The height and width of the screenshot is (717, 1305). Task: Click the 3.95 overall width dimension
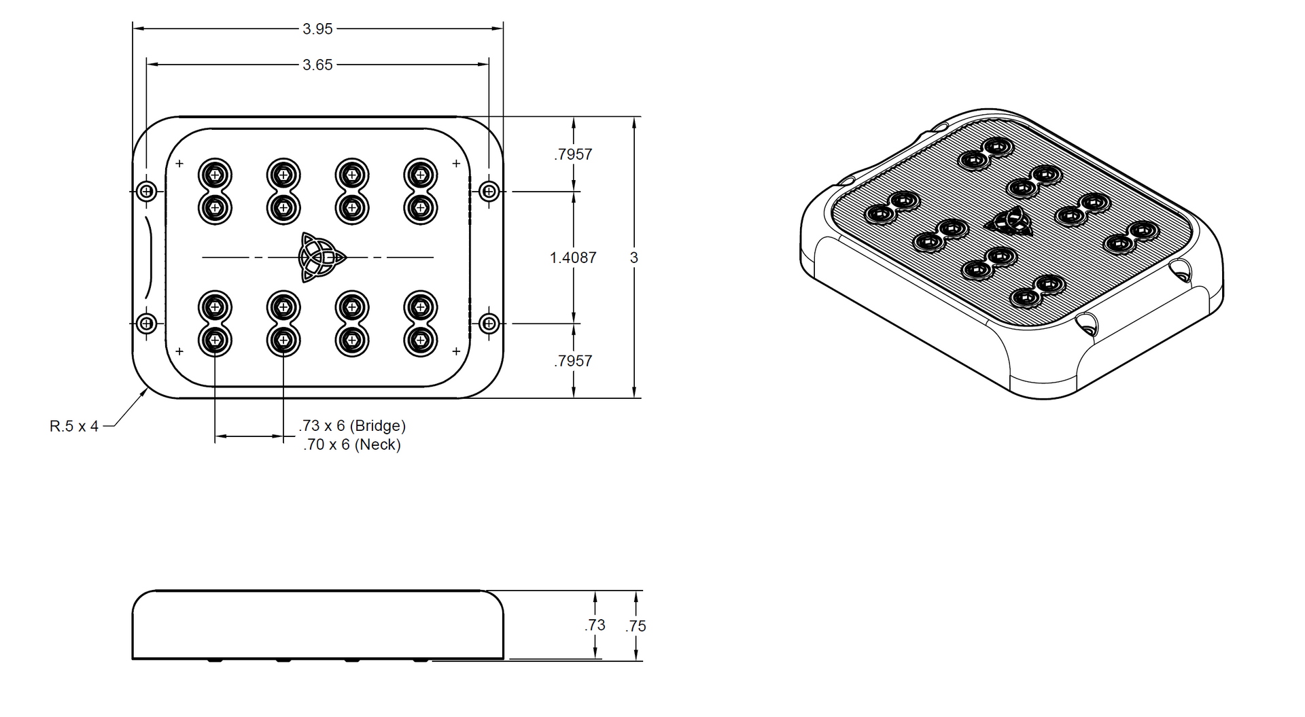(x=317, y=29)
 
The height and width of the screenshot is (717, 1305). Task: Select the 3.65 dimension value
(x=317, y=65)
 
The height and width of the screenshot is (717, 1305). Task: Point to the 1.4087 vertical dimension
(x=573, y=258)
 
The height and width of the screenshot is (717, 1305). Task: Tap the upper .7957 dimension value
(x=573, y=154)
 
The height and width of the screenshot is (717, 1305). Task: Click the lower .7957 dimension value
(x=573, y=361)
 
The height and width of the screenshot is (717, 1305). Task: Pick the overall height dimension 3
(x=634, y=258)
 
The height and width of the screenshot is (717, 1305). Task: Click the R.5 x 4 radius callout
(x=74, y=426)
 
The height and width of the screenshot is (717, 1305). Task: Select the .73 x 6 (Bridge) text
(x=352, y=425)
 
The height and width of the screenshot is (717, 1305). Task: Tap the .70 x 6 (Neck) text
(x=352, y=444)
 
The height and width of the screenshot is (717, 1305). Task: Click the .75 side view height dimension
(x=636, y=626)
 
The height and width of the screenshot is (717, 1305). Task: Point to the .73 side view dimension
(x=595, y=625)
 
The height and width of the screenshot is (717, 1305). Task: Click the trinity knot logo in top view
(x=321, y=257)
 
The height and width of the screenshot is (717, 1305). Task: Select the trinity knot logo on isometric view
(x=1009, y=222)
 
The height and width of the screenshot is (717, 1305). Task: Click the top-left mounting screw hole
(x=146, y=191)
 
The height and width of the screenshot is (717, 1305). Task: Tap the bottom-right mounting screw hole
(x=489, y=323)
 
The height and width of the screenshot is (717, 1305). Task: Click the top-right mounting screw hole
(x=489, y=191)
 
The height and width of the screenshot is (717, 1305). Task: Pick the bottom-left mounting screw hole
(x=146, y=323)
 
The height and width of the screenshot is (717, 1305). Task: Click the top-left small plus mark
(x=179, y=163)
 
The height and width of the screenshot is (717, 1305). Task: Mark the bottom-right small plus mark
(x=456, y=351)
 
